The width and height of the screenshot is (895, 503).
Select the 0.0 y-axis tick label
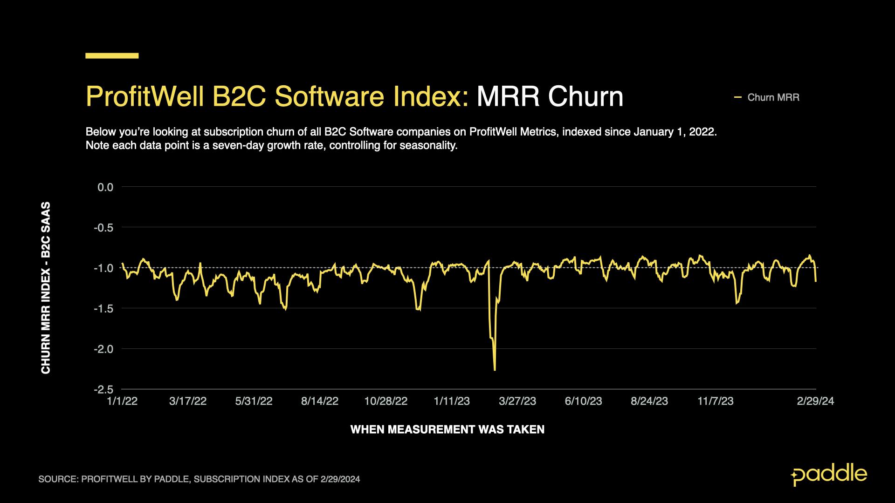[x=105, y=187]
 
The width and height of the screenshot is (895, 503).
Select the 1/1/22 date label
[x=122, y=401]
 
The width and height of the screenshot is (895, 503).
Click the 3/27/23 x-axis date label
[x=517, y=401]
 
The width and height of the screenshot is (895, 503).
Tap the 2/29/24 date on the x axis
[x=815, y=401]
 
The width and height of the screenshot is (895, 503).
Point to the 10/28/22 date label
[x=386, y=401]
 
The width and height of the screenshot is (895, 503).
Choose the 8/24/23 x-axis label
[x=649, y=401]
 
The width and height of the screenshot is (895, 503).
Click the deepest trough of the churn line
[x=495, y=370]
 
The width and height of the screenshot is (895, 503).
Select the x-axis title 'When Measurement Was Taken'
[x=447, y=429]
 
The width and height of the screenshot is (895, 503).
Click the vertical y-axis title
[x=46, y=288]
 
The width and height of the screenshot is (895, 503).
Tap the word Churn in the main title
[x=585, y=97]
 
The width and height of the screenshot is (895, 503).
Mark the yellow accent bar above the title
[x=112, y=56]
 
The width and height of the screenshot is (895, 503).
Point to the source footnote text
[x=199, y=479]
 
